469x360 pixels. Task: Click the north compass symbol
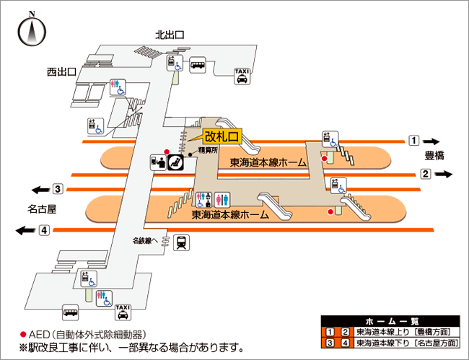(32, 31)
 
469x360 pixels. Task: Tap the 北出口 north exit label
(170, 34)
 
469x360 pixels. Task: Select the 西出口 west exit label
(62, 71)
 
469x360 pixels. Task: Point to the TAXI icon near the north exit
(242, 76)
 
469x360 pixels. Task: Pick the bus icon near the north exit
(198, 65)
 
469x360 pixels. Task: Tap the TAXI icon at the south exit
(123, 312)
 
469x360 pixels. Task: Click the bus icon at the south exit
(70, 312)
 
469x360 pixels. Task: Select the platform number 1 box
(413, 140)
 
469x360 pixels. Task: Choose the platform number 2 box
(426, 173)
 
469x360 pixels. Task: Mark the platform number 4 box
(44, 230)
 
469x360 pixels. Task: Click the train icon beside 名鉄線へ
(182, 242)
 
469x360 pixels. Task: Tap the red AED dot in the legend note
(22, 335)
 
